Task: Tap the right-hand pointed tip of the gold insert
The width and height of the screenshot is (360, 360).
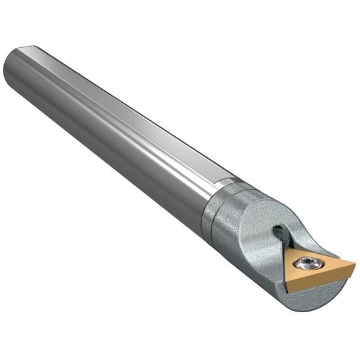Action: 354,266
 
